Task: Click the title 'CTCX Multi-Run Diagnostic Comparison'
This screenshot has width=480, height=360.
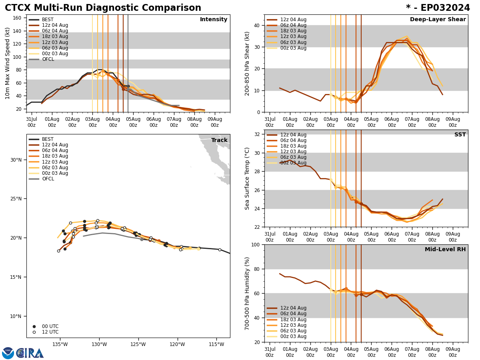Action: click(x=103, y=8)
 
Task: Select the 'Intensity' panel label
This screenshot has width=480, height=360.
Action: click(x=214, y=20)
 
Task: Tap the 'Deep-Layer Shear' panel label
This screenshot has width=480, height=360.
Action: click(x=438, y=20)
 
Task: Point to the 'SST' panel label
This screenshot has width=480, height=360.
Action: click(x=460, y=135)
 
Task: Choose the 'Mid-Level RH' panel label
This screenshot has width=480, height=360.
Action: click(x=445, y=250)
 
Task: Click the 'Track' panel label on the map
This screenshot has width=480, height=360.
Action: click(x=219, y=140)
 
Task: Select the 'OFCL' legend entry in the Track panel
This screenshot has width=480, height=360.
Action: click(x=48, y=179)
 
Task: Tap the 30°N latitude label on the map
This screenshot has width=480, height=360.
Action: click(x=16, y=160)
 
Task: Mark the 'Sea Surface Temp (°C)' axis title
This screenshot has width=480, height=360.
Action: click(x=247, y=178)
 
